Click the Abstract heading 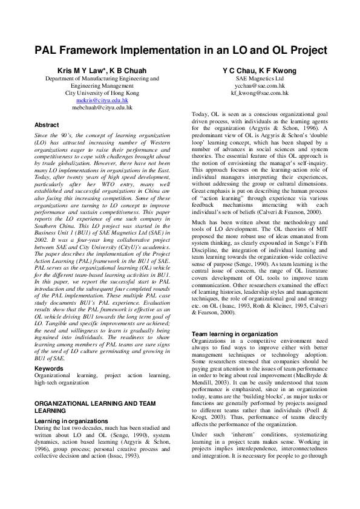[47, 124]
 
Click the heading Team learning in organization [235, 334]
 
